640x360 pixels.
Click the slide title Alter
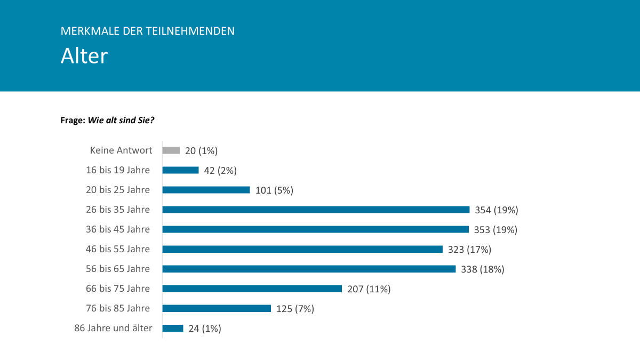(84, 55)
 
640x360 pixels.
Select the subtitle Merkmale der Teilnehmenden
(148, 31)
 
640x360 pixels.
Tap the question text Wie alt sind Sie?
(121, 121)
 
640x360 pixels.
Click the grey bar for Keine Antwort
(171, 150)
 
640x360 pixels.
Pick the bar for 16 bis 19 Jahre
(180, 170)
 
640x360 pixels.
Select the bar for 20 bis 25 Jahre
(206, 190)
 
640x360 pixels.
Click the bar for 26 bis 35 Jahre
(316, 210)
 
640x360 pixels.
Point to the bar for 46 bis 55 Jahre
(302, 249)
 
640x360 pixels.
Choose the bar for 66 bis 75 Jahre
(252, 289)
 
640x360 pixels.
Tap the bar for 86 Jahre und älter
(173, 328)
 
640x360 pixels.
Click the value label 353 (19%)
(495, 230)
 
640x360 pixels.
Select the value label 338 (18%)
(483, 269)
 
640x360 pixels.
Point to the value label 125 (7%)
(295, 309)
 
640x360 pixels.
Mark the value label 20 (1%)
(202, 151)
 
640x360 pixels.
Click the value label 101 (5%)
(274, 190)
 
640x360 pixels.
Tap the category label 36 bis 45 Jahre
(118, 229)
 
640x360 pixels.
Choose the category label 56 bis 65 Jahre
(118, 269)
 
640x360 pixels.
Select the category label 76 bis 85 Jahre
(118, 308)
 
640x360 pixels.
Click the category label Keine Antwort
(121, 150)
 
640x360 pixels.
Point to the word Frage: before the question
(73, 121)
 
